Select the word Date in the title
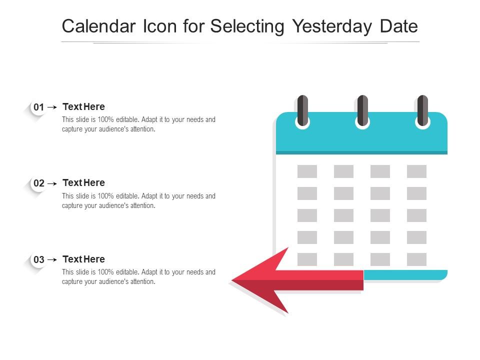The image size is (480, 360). click(398, 26)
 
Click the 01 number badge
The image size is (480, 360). click(38, 107)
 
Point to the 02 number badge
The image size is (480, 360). click(38, 183)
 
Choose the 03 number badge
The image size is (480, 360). click(38, 260)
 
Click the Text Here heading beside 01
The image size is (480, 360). click(83, 106)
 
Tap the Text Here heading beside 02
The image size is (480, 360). click(83, 182)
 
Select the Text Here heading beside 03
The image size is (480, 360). click(83, 259)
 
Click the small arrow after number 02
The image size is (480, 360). click(52, 183)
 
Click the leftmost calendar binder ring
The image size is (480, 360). click(302, 111)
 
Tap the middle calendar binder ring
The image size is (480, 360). click(362, 111)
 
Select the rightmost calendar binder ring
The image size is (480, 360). click(422, 111)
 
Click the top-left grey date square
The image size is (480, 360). click(307, 171)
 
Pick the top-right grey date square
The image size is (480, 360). click(416, 171)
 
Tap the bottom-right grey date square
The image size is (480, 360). click(416, 259)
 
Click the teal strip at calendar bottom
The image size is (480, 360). click(405, 274)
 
